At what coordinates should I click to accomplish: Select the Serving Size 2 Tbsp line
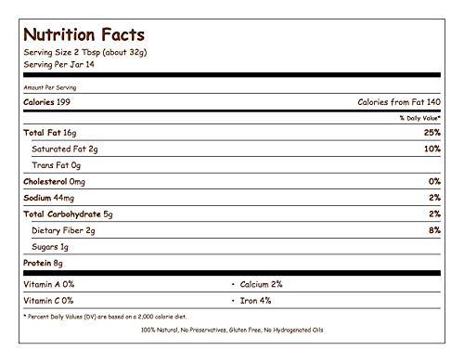[x=84, y=52]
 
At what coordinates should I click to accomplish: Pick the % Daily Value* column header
[x=419, y=118]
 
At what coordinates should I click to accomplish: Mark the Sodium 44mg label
[x=48, y=197]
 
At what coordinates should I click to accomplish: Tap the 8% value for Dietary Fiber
[x=432, y=229]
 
